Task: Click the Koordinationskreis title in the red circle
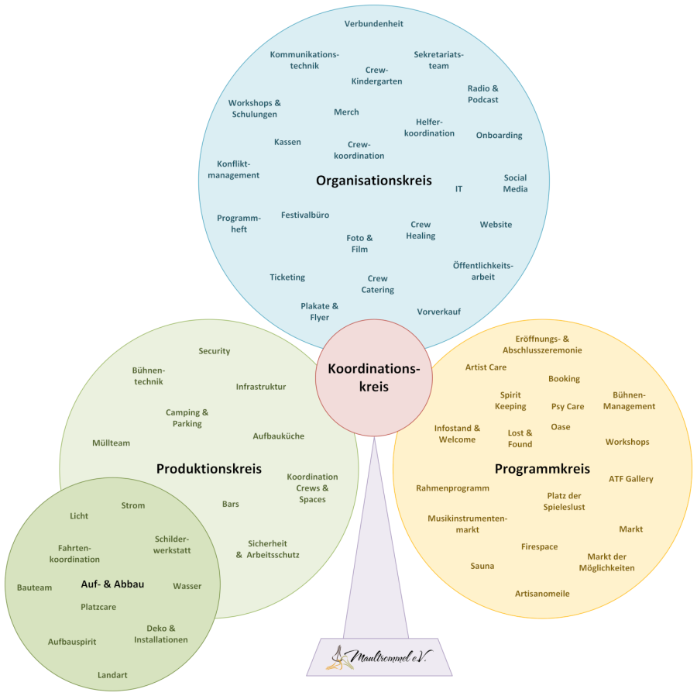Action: point(373,377)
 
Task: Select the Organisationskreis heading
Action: point(373,181)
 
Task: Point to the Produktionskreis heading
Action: point(209,468)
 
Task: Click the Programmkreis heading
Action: point(542,469)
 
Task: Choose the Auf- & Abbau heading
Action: point(112,584)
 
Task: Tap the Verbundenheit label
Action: point(373,24)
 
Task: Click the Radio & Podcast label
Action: point(483,94)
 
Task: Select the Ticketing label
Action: point(287,277)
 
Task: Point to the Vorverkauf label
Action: point(439,312)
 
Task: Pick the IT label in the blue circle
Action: point(458,189)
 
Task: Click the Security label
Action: point(215,351)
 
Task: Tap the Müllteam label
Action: point(111,443)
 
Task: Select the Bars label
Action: point(231,504)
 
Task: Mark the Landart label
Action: point(112,675)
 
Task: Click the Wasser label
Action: point(187,586)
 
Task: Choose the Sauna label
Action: point(482,566)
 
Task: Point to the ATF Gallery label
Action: point(630,479)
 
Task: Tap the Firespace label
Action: point(539,546)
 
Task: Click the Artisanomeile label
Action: point(542,594)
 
